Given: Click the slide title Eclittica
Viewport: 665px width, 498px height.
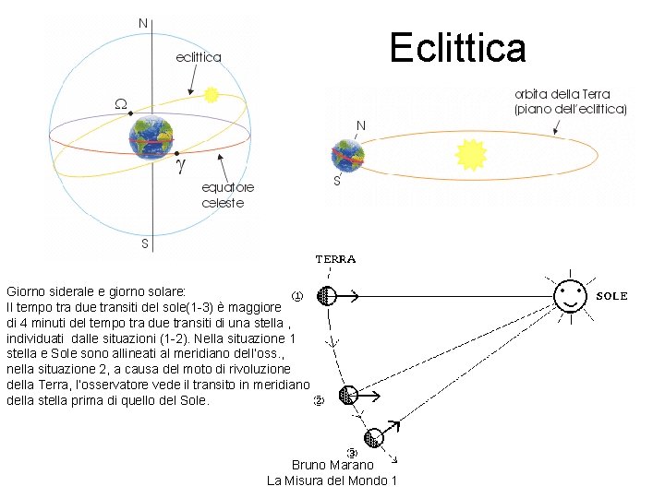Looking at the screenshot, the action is (457, 48).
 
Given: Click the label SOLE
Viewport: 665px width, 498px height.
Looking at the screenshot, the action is (611, 296).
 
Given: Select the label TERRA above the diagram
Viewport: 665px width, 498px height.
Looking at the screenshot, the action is (335, 259).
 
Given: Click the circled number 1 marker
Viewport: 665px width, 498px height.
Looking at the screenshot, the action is (297, 296).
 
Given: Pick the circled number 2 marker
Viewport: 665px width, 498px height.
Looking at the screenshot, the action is (318, 400).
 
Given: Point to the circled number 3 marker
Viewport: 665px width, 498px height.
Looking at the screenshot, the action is (351, 452).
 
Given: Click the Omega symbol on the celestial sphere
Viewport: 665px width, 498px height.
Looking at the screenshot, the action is (121, 103).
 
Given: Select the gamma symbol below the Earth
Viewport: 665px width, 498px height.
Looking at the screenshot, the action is (181, 166).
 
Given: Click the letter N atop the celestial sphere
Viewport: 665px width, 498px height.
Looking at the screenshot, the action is (142, 21).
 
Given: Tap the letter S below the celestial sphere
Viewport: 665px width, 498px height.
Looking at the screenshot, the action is (144, 244).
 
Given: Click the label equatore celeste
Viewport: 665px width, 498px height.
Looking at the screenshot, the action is (223, 195).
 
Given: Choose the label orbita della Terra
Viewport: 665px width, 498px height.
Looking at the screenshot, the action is (570, 101).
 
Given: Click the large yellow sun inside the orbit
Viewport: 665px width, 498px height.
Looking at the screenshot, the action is (472, 154).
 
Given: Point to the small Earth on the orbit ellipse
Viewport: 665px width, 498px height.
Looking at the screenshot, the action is (347, 154).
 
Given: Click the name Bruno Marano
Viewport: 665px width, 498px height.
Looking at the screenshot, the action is (332, 465).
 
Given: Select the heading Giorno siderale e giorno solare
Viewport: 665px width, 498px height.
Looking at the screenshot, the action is (96, 290).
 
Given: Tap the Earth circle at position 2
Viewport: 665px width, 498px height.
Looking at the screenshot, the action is (347, 395).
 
